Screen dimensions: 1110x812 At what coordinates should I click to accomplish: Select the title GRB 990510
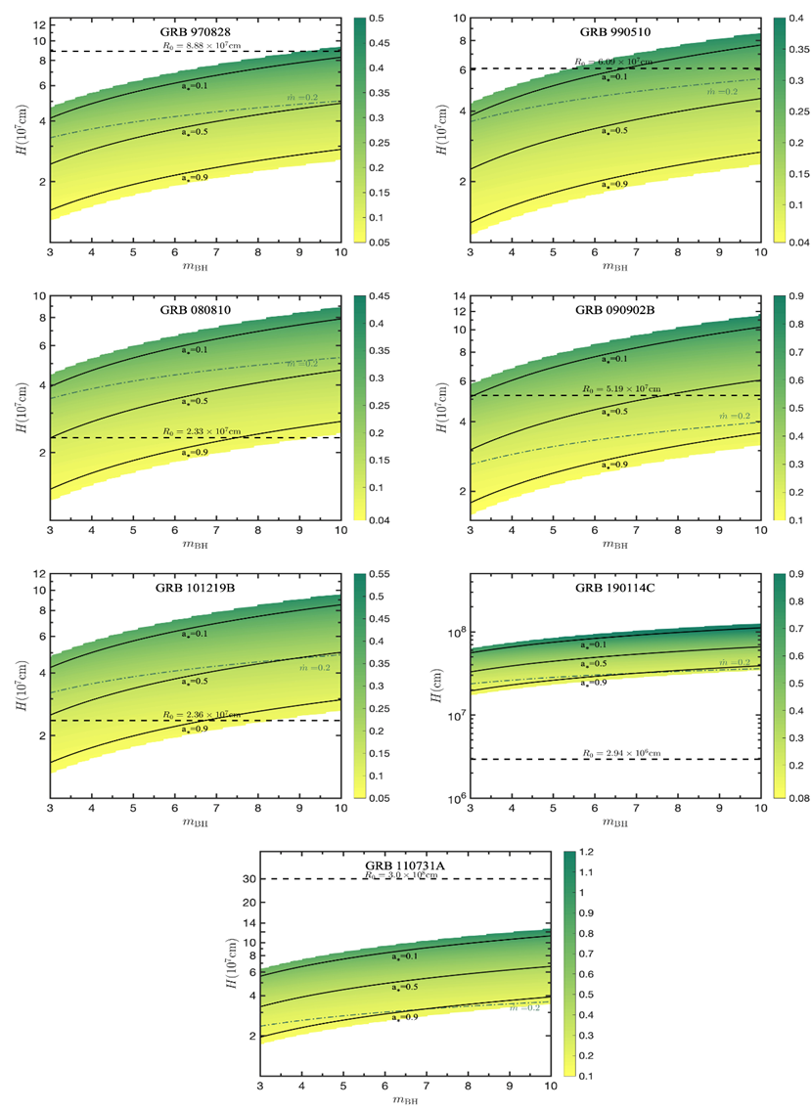[x=615, y=31]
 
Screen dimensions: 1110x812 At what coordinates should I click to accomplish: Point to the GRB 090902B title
[x=615, y=310]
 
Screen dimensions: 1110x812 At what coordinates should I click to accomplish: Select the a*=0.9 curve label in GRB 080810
[x=195, y=453]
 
